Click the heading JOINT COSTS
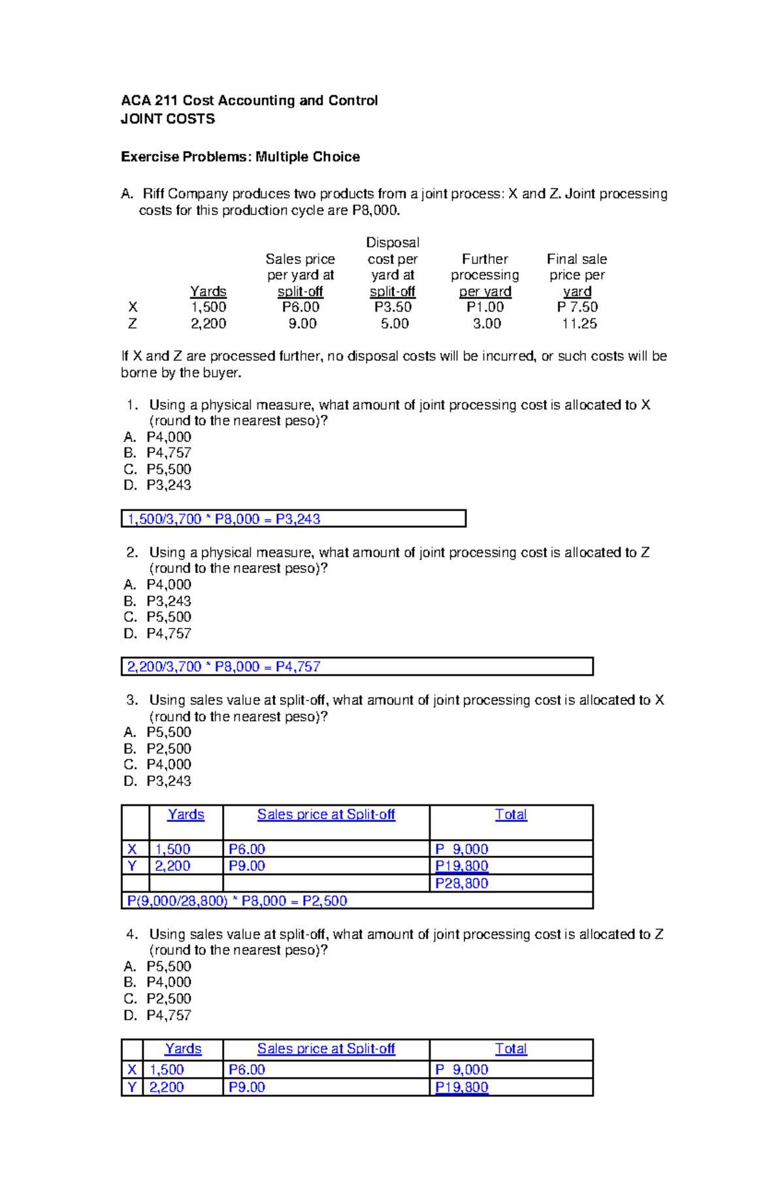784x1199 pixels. (x=167, y=119)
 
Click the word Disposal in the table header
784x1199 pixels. (x=392, y=242)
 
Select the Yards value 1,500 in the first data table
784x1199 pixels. (x=208, y=307)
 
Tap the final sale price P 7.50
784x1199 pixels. (x=577, y=307)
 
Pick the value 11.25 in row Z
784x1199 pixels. (x=579, y=323)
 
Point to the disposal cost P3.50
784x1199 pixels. (x=393, y=307)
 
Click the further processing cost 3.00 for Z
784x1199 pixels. (x=486, y=323)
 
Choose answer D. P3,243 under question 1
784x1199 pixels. (x=157, y=485)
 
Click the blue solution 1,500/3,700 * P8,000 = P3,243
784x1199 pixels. (x=223, y=519)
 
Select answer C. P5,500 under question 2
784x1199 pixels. (x=157, y=617)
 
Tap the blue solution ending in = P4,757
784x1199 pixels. (x=223, y=666)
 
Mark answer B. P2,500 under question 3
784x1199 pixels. (x=157, y=749)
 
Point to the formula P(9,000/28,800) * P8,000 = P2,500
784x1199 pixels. (x=237, y=901)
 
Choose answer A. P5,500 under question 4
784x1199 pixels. (x=157, y=966)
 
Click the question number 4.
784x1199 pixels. (x=132, y=934)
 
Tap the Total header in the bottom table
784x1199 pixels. (x=510, y=1049)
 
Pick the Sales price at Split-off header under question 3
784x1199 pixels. (x=325, y=815)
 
